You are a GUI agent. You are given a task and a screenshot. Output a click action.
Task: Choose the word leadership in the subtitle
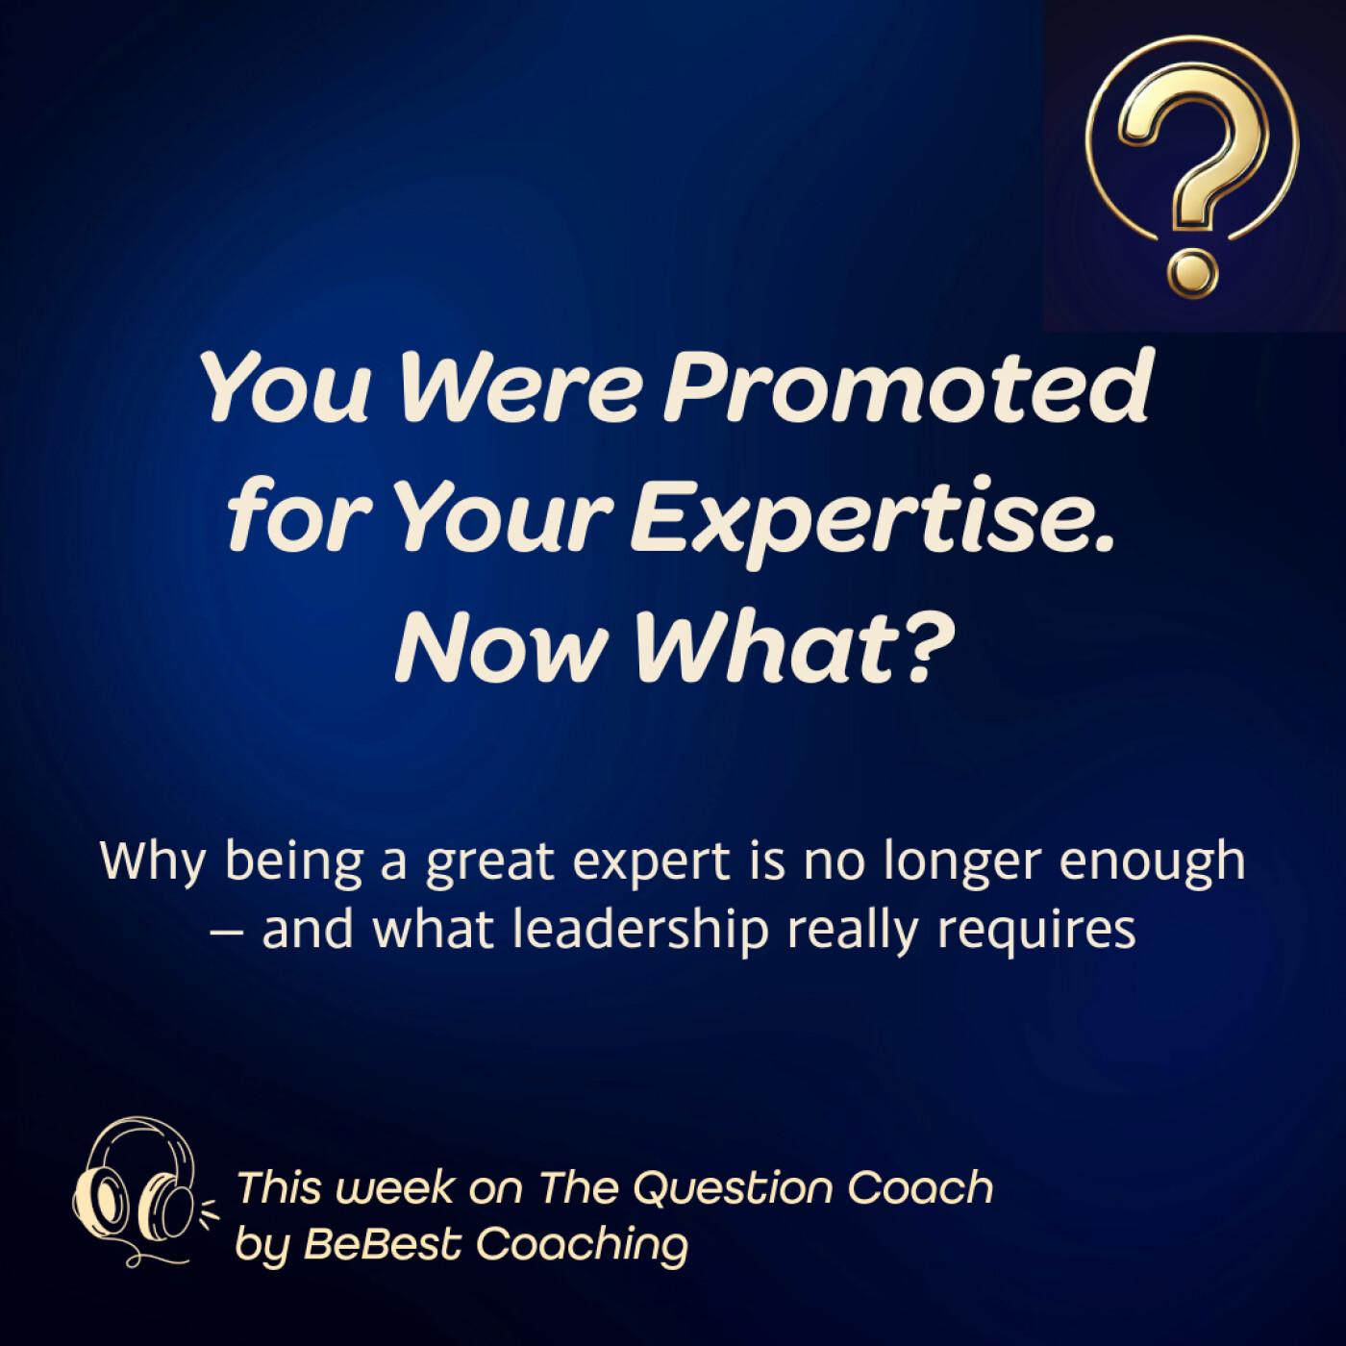(x=640, y=932)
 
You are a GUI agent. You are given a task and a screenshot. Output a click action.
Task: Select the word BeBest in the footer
(x=383, y=1243)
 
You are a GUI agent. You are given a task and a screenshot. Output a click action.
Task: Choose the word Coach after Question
(x=921, y=1186)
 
